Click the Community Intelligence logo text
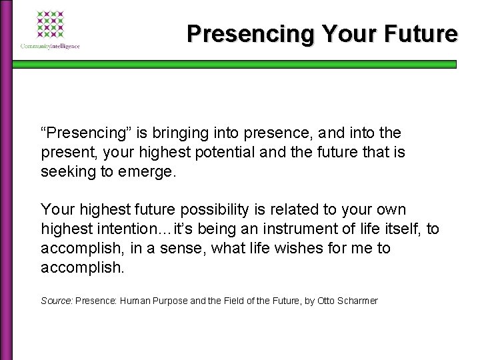coord(51,45)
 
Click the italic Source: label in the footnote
coord(57,301)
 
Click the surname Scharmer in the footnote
coord(355,301)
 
